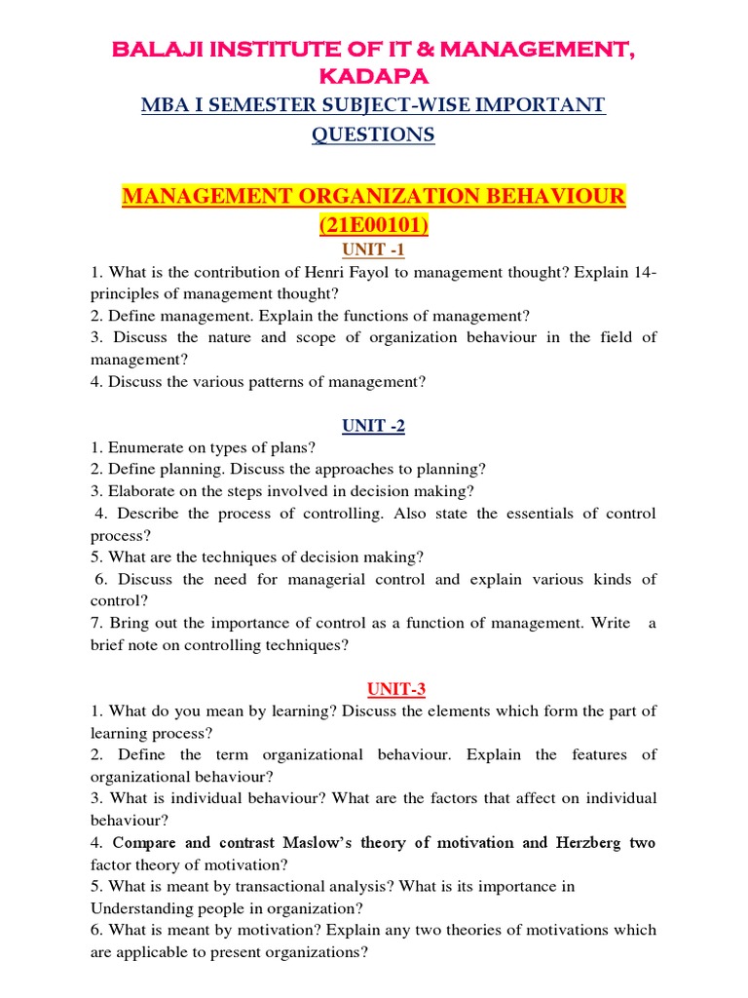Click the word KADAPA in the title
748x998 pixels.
click(x=374, y=75)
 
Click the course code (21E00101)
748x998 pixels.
click(x=373, y=226)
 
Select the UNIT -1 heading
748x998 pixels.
click(x=373, y=250)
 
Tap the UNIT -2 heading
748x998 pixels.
click(x=373, y=426)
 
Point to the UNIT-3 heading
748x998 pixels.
click(x=373, y=689)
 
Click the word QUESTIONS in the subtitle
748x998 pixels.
click(x=373, y=135)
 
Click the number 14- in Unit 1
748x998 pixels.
click(x=644, y=272)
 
